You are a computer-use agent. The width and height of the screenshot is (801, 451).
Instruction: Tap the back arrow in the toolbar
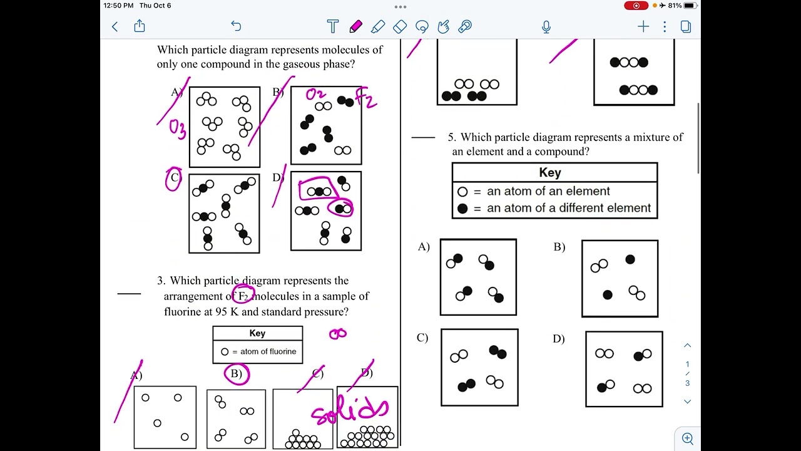coord(115,26)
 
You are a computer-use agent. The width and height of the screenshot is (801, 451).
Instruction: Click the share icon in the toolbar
coord(140,26)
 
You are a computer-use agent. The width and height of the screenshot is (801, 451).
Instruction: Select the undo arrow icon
coord(236,26)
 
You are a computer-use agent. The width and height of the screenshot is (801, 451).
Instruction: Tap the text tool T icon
coord(333,26)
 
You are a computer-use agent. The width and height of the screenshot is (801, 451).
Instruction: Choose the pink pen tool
coord(355,26)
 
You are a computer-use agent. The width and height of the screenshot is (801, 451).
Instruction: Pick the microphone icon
coord(546,26)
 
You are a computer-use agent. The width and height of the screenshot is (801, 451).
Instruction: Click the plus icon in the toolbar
coord(643,26)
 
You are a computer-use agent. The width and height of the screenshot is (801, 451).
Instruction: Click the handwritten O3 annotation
coord(177,128)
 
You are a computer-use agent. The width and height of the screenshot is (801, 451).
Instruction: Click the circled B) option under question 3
coord(237,374)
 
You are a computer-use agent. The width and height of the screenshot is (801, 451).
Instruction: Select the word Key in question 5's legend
coord(550,172)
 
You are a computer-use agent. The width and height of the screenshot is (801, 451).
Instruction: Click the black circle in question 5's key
coord(462,209)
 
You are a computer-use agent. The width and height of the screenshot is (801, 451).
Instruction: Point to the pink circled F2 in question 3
coord(243,296)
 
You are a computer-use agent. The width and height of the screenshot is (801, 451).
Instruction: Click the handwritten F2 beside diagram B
coord(367,98)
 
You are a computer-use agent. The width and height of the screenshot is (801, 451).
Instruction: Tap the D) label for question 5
coord(559,339)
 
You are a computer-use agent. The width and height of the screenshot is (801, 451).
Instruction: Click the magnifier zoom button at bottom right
coord(687,438)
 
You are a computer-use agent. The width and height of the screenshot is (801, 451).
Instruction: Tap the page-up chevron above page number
coord(687,346)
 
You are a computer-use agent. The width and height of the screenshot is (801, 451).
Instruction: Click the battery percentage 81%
coord(675,6)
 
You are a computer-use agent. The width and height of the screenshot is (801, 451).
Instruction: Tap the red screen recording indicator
coord(636,6)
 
